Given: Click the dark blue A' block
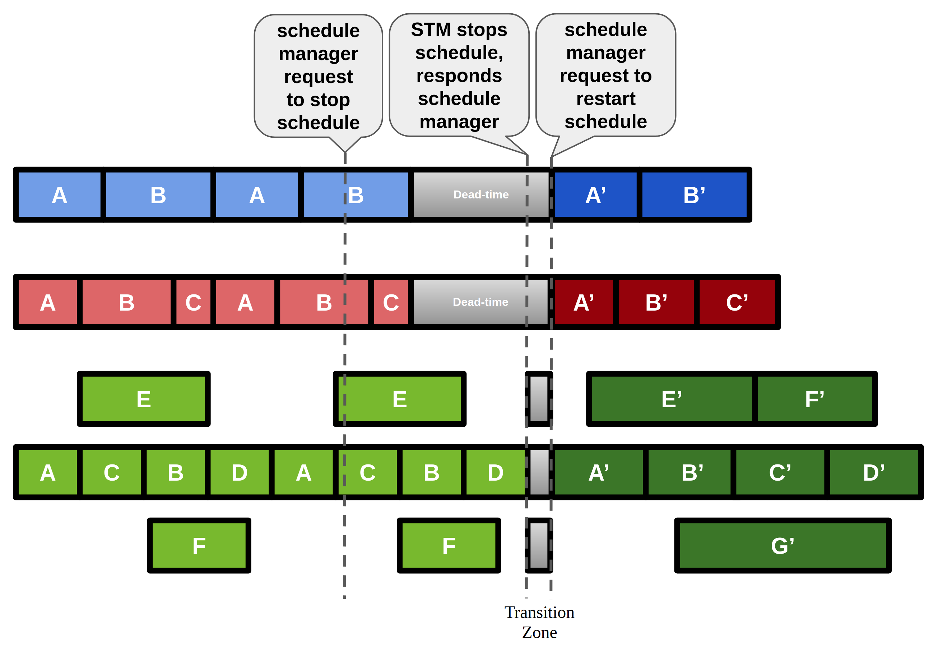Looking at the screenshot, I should tap(595, 195).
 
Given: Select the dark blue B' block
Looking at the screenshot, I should tap(694, 195).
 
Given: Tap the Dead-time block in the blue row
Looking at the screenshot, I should tap(481, 195).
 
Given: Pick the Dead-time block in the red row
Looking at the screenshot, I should tap(480, 302).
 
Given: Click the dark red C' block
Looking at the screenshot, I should tap(737, 302).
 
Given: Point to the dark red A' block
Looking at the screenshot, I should tap(584, 302).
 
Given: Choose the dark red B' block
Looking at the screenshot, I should tap(656, 302).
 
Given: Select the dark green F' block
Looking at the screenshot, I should tap(814, 399).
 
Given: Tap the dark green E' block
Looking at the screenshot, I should tap(672, 399).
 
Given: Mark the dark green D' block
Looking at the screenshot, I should tap(874, 472).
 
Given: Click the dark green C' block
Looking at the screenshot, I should tap(780, 472).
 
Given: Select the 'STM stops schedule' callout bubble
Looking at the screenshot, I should tap(459, 75).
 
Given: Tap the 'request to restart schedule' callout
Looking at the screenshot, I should tap(605, 75).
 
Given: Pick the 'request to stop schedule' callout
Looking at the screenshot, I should tap(318, 77).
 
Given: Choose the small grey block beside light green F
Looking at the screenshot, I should tap(539, 546).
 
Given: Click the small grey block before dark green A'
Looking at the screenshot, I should tap(539, 472).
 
